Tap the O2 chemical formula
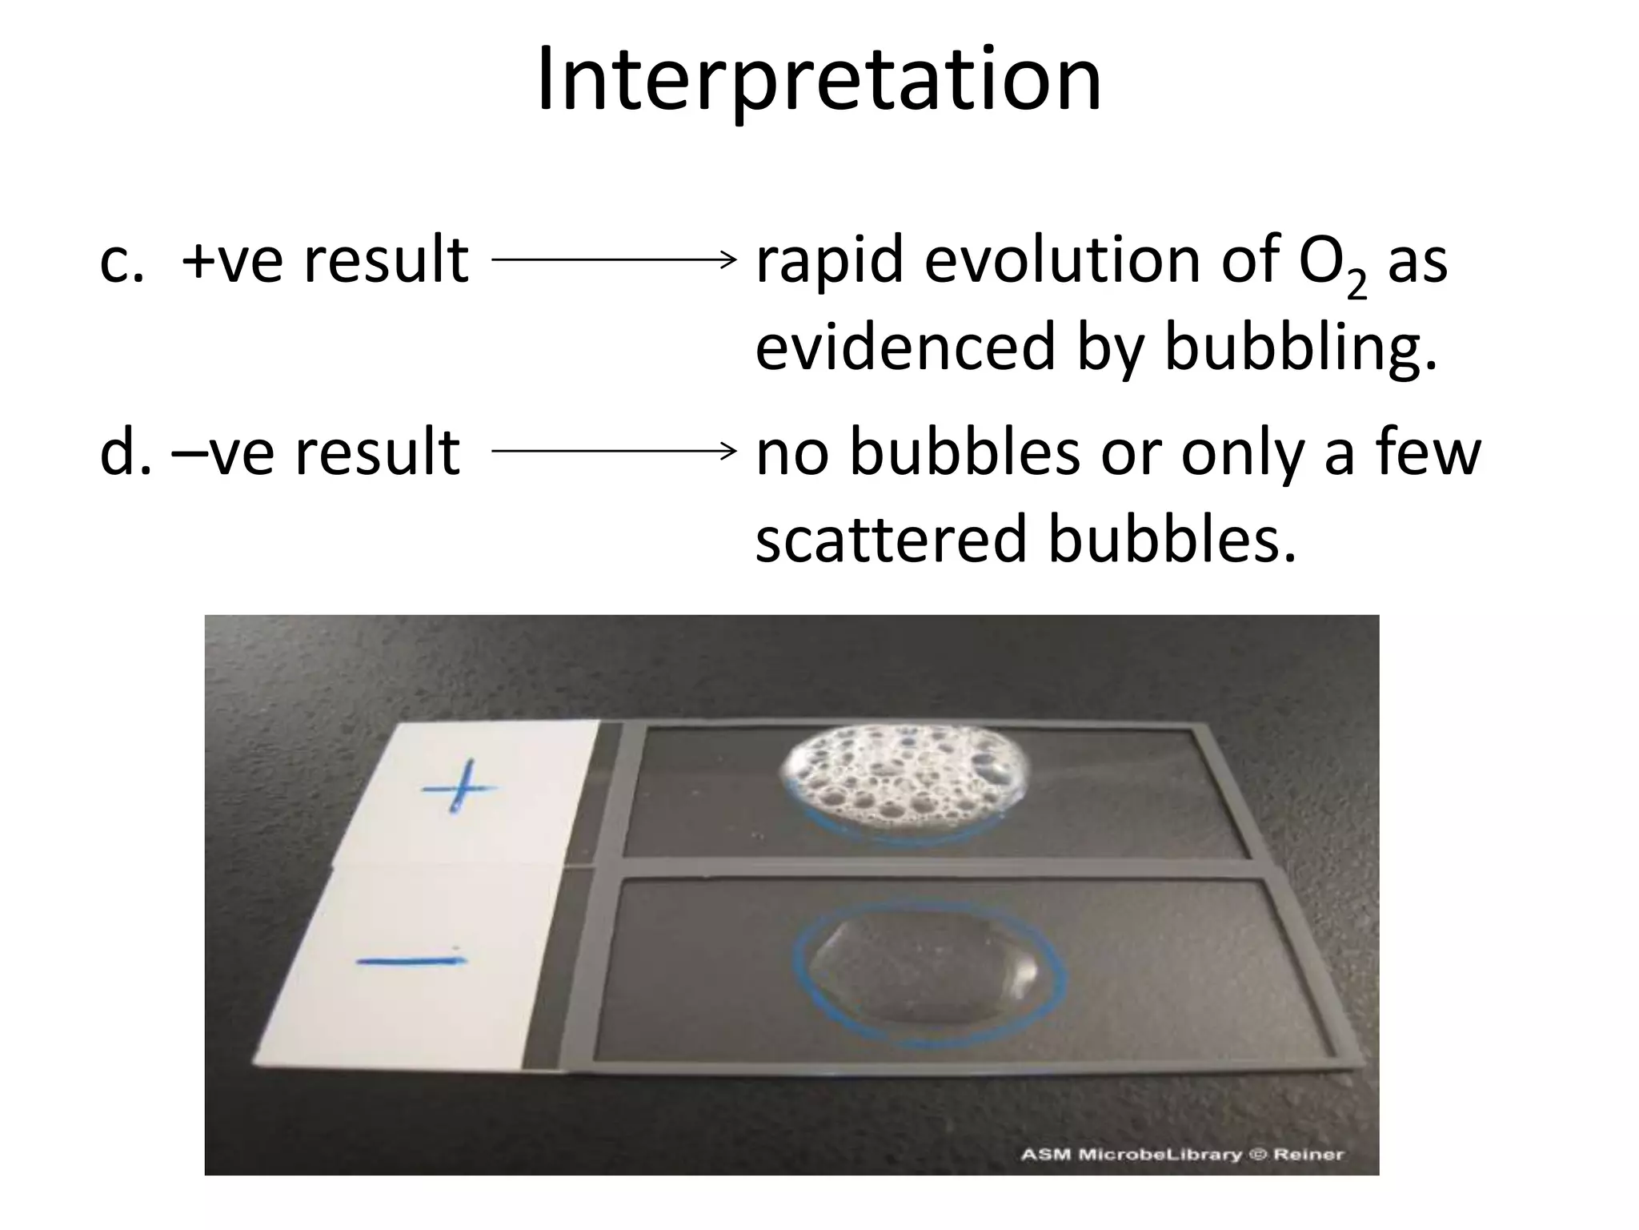(1332, 264)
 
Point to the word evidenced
(905, 348)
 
